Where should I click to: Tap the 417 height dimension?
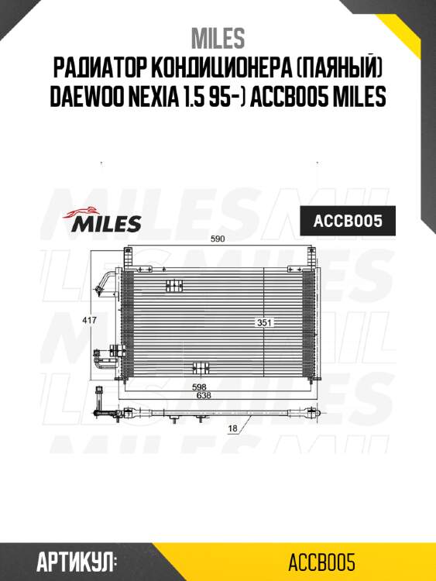click(91, 319)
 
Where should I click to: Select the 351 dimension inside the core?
click(266, 321)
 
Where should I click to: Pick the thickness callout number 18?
click(232, 428)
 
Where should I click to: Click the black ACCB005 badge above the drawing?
click(348, 222)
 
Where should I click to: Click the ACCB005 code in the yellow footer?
click(321, 560)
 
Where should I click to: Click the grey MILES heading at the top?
click(218, 37)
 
